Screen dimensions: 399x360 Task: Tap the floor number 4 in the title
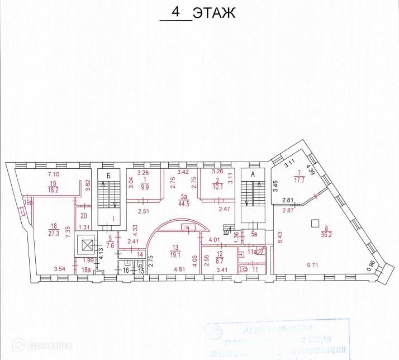pos(175,12)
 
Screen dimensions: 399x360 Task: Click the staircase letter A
pos(253,174)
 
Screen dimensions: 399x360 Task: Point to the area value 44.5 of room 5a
pos(182,203)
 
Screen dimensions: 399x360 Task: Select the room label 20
pos(84,216)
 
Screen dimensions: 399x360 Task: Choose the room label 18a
pos(85,270)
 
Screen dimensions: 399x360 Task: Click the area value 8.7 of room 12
pos(220,260)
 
